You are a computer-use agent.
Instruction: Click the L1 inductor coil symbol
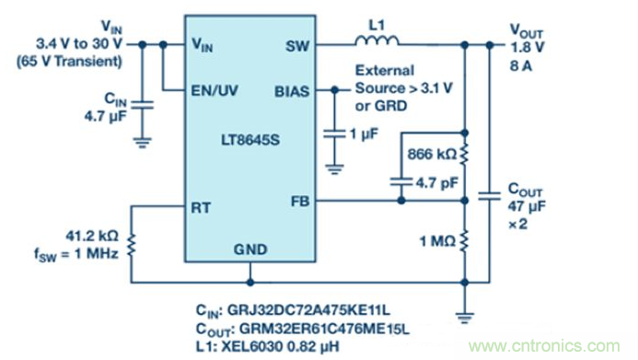377,41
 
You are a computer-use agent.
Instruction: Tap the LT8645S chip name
250,140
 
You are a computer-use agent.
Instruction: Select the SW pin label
297,46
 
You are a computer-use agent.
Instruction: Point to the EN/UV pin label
215,91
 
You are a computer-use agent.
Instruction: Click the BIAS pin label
292,91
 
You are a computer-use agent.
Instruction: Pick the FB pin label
300,202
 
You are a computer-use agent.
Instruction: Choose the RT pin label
201,208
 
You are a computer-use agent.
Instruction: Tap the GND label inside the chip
250,250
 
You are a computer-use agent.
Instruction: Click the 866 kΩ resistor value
432,154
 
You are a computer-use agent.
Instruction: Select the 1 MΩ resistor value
438,241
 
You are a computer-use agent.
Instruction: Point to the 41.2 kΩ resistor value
92,236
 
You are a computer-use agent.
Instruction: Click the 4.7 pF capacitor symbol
401,181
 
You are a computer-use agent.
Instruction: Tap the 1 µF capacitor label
365,134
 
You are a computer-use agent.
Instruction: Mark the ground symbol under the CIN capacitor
142,143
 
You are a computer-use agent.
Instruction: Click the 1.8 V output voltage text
528,48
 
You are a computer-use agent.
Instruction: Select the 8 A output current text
521,66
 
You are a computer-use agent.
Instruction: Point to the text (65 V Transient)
69,62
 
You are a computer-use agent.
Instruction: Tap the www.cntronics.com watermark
544,346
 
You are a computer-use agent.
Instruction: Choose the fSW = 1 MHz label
76,255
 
